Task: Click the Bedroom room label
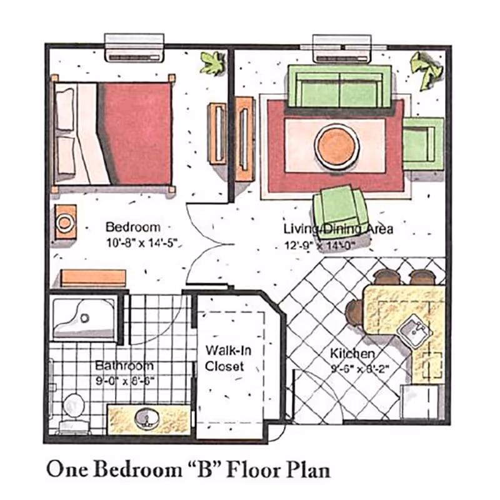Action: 132,227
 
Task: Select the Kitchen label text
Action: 352,354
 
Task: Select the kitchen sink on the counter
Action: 413,326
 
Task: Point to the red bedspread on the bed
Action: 135,132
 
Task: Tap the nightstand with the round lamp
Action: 65,221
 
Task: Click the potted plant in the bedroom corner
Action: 211,63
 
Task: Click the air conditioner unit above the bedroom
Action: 134,47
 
